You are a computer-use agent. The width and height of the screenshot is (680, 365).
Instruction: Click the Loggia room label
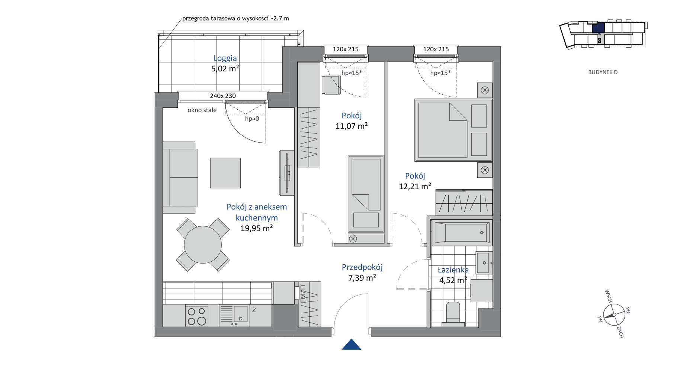click(225, 58)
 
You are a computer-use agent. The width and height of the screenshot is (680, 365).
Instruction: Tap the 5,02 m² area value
click(225, 68)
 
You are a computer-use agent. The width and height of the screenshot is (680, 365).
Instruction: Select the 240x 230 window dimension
click(223, 96)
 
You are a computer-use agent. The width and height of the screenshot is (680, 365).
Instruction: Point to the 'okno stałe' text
click(202, 110)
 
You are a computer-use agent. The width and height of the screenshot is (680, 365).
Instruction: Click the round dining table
click(203, 245)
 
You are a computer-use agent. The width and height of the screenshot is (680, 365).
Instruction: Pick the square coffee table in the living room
click(225, 173)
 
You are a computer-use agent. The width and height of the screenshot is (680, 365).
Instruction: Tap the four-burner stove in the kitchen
click(197, 316)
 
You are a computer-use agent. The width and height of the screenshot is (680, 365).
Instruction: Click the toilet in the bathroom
click(453, 314)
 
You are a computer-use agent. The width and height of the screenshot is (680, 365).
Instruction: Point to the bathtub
click(462, 233)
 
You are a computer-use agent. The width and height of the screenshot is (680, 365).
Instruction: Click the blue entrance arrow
click(351, 345)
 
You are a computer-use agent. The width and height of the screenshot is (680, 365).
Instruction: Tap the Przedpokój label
click(362, 267)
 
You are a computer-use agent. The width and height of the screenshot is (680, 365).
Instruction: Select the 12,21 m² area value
click(415, 186)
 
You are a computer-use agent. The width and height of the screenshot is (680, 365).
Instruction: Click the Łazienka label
click(453, 270)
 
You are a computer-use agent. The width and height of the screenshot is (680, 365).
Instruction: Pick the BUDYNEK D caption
click(603, 72)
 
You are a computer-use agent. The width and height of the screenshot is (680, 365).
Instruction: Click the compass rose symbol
click(614, 314)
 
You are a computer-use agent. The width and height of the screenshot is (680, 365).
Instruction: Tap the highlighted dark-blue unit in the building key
click(598, 28)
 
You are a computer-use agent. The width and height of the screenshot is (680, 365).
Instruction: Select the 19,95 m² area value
click(256, 228)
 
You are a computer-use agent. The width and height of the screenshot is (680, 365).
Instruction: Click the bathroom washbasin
click(484, 263)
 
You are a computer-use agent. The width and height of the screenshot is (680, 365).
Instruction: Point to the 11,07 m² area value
click(352, 126)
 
